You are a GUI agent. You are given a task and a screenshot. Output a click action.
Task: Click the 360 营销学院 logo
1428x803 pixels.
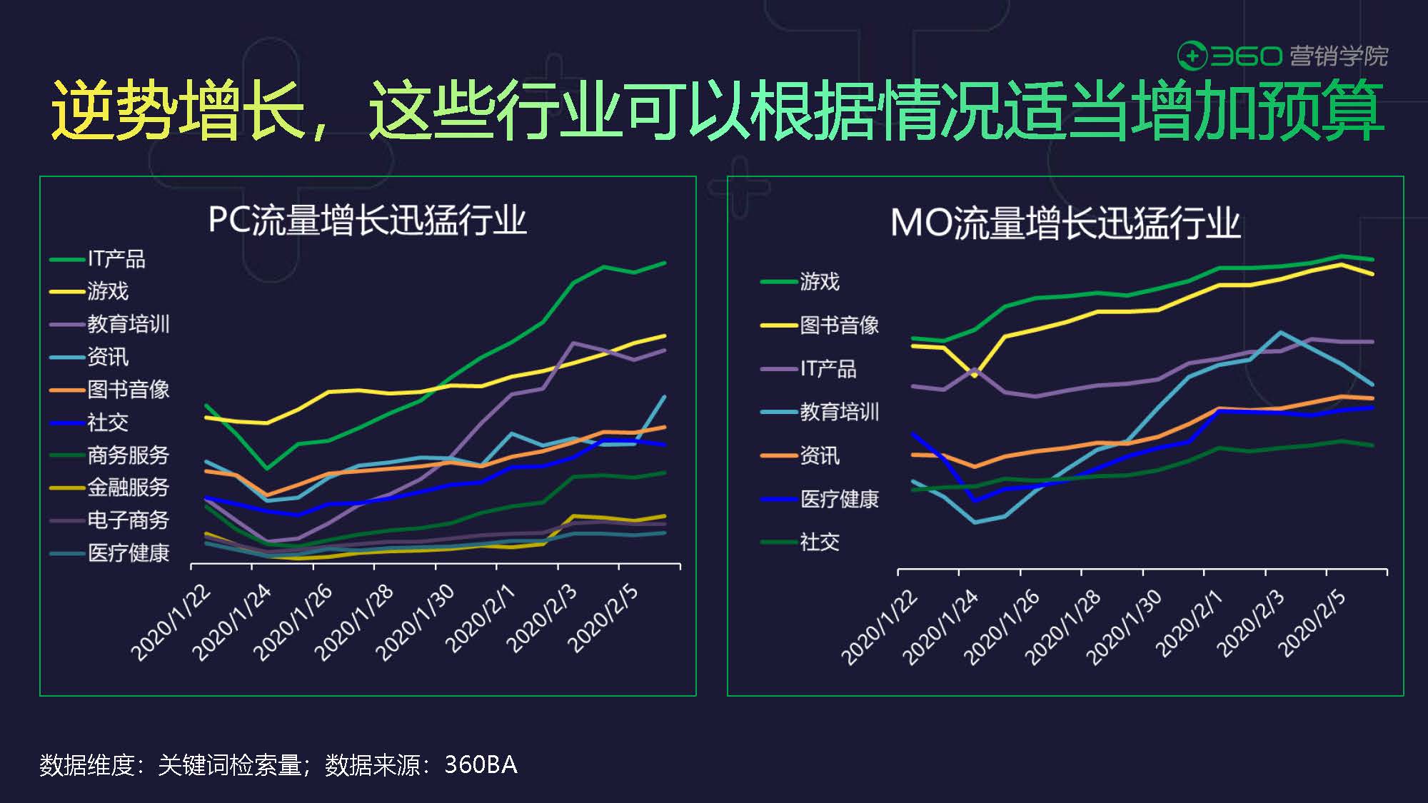[1282, 56]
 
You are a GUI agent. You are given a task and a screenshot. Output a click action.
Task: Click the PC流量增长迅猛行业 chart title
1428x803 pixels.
[367, 220]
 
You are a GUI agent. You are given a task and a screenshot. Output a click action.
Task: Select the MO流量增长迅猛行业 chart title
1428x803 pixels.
[1065, 223]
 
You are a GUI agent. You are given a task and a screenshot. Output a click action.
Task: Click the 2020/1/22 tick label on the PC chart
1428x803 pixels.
[171, 622]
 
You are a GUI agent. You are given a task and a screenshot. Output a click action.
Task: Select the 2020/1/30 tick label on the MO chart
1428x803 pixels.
[1124, 626]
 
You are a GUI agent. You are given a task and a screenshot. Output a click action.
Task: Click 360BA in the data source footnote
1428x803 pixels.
[481, 764]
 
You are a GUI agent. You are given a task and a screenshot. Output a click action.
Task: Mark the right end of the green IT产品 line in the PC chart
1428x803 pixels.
[665, 263]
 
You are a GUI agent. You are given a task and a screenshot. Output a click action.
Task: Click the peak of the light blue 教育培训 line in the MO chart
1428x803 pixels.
[1280, 332]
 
